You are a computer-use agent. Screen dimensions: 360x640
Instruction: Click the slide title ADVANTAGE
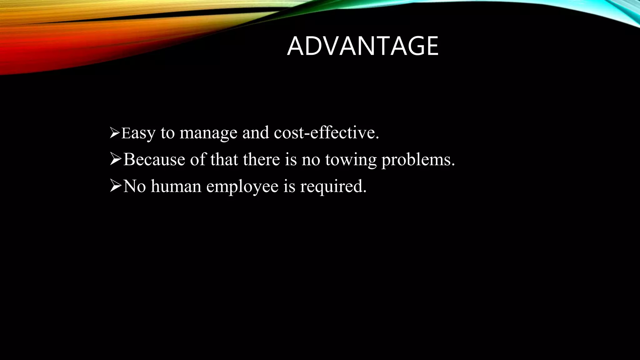pyautogui.click(x=362, y=46)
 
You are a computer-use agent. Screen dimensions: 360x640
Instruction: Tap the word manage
pyautogui.click(x=208, y=133)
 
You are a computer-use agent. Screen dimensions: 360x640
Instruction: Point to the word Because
pyautogui.click(x=154, y=159)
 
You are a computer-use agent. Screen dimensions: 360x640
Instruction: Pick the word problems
pyautogui.click(x=418, y=160)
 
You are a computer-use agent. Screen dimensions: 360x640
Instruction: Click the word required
pyautogui.click(x=333, y=187)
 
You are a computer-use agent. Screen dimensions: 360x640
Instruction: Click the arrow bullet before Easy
pyautogui.click(x=115, y=133)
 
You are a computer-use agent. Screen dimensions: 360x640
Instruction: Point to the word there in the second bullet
pyautogui.click(x=261, y=159)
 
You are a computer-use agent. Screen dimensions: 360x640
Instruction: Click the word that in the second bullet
pyautogui.click(x=224, y=159)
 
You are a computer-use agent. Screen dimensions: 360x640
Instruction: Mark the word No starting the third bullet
pyautogui.click(x=135, y=186)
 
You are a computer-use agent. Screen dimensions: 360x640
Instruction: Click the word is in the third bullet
pyautogui.click(x=289, y=186)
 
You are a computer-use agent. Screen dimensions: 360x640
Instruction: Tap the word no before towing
pyautogui.click(x=311, y=160)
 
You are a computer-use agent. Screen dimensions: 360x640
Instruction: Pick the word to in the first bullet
pyautogui.click(x=167, y=133)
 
